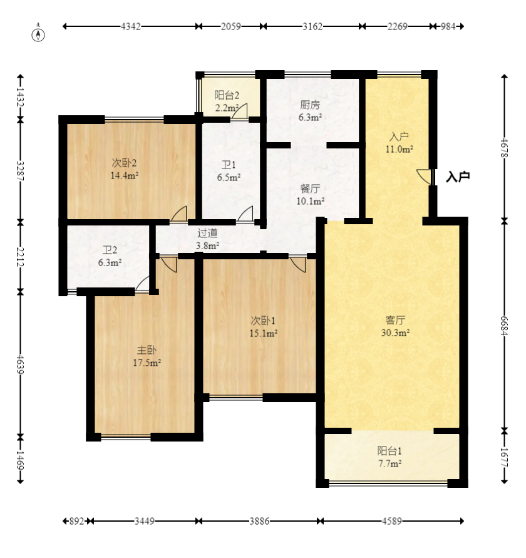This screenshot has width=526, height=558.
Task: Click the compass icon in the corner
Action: coord(38,35)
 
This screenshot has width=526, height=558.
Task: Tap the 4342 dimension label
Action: coord(131,26)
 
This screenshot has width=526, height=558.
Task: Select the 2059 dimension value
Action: coord(231,26)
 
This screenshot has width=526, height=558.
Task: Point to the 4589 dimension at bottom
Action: coord(392,521)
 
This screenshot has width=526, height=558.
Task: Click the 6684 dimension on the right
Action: coord(505,326)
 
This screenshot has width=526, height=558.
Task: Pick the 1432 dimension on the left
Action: coord(20,97)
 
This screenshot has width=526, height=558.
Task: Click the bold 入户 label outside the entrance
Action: coord(458,177)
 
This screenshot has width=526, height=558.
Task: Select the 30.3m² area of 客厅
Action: coord(395,333)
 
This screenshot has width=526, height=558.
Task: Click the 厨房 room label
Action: coord(310,105)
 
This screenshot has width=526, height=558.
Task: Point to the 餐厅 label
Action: coord(310,189)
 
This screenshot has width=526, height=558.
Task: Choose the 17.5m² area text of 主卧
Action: coord(147,363)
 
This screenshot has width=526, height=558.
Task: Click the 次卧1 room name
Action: coord(263,321)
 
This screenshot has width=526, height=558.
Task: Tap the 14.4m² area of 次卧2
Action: coord(124,175)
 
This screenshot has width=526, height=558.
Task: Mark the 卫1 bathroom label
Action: coord(229,165)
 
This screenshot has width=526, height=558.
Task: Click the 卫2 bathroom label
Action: coord(110,251)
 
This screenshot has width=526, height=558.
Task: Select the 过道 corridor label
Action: coord(207,234)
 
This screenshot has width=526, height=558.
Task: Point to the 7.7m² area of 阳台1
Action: coord(389,463)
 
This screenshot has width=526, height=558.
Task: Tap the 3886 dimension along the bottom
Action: coord(259,521)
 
